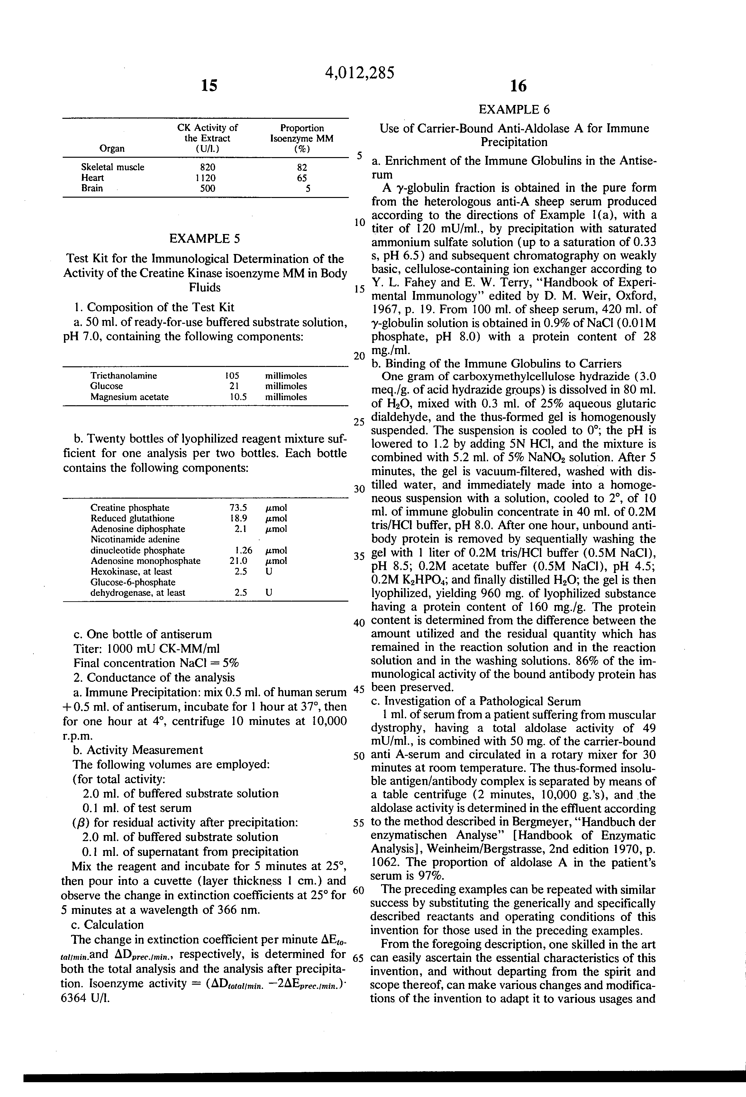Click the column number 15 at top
coord(209,85)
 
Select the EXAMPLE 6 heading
coord(514,109)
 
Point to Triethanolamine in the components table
coord(123,376)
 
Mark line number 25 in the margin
coord(359,422)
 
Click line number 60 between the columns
coord(359,890)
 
